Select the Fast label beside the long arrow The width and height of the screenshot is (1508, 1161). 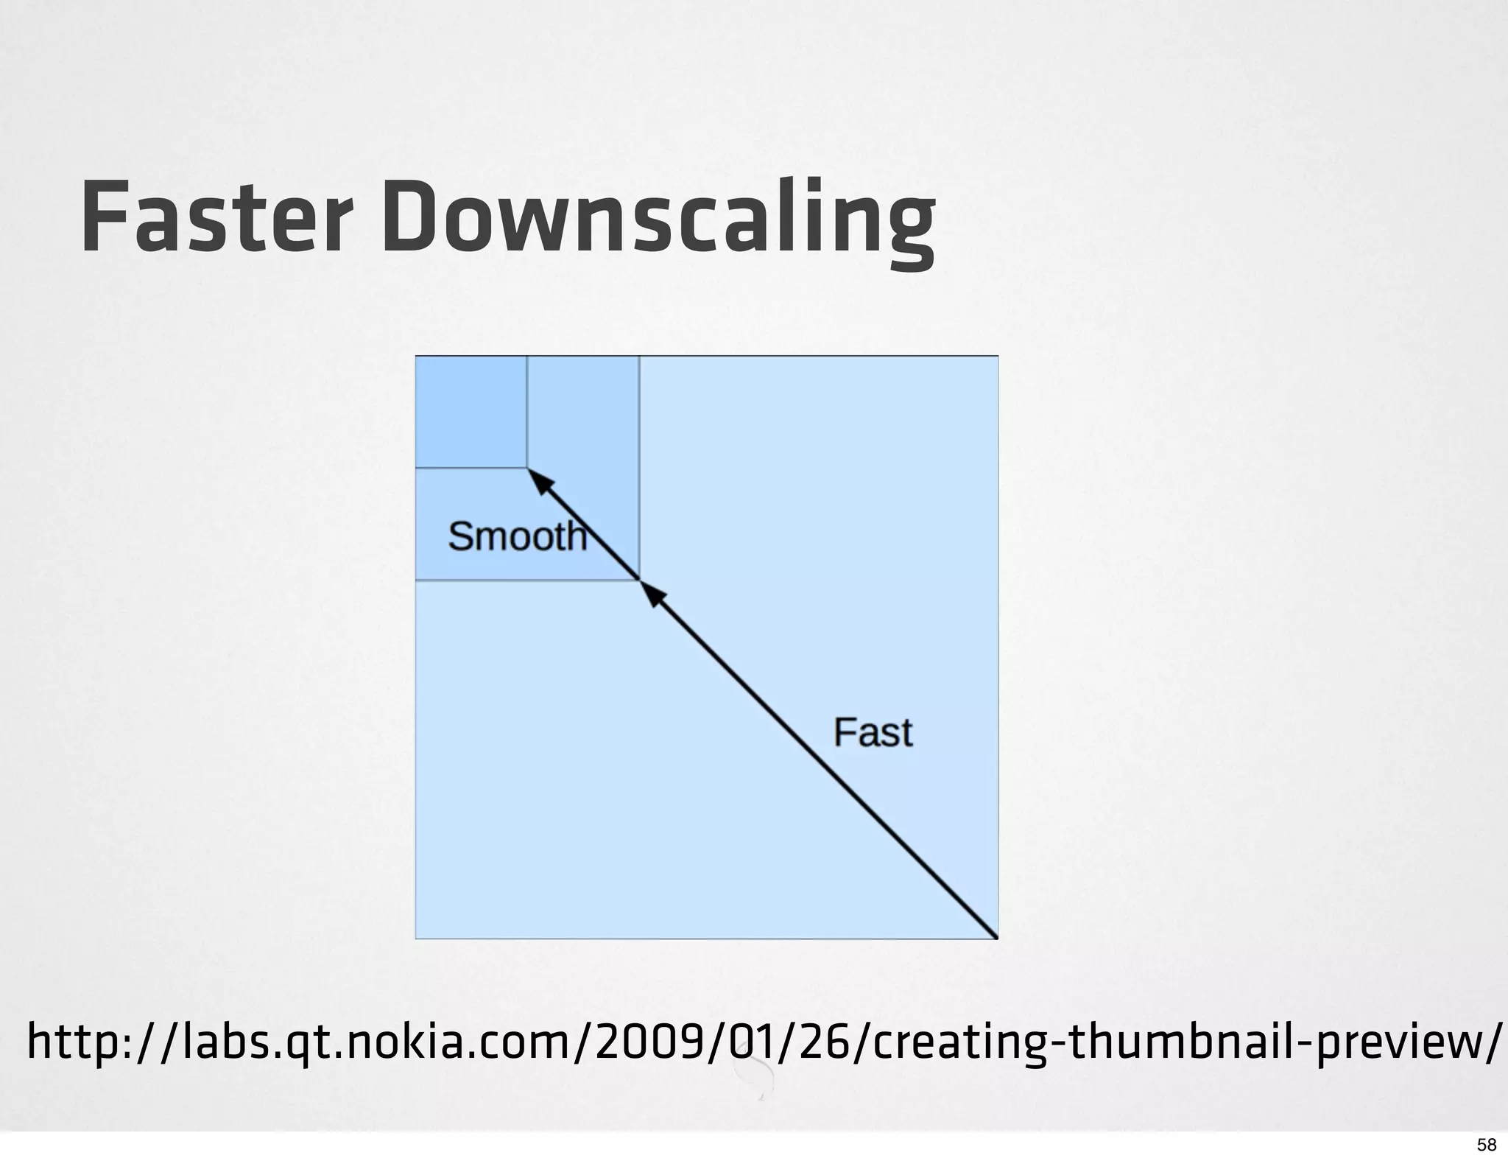(x=873, y=732)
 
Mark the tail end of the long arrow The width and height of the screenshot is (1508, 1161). (x=994, y=935)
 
